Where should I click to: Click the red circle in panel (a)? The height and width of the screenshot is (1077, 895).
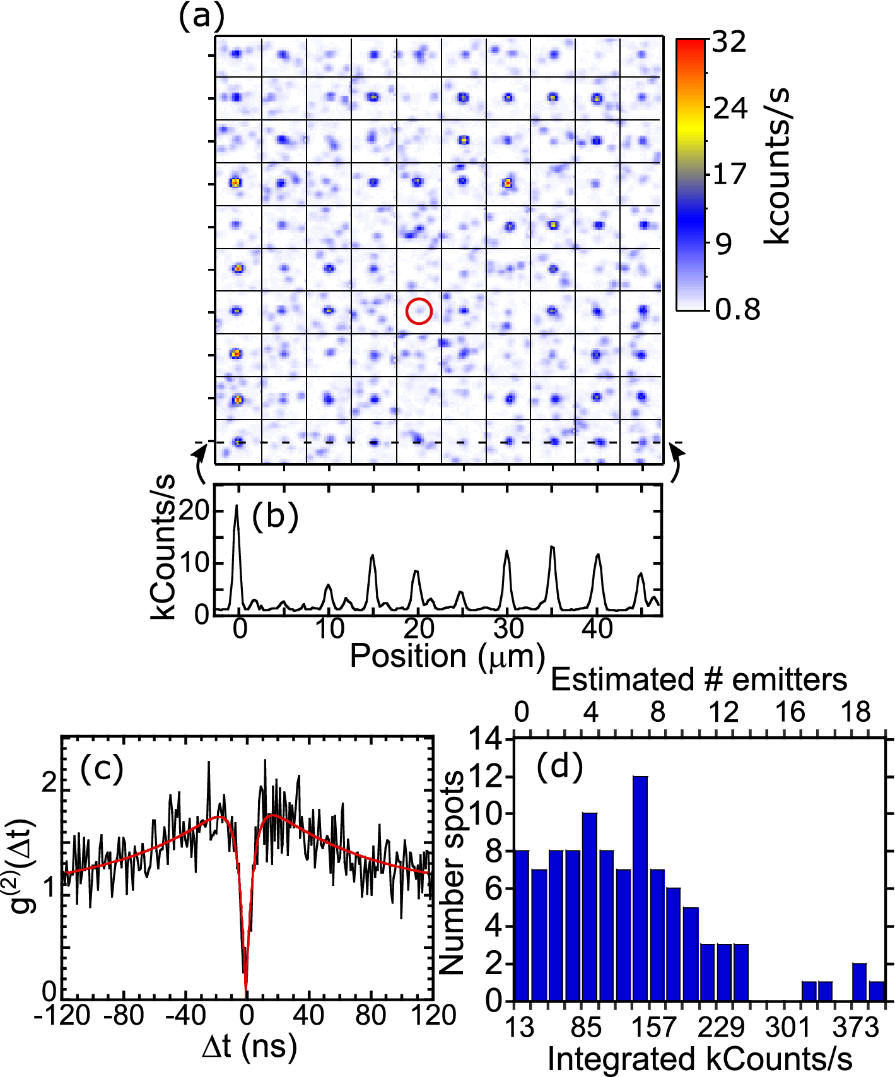click(x=419, y=312)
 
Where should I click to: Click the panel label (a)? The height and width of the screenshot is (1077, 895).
click(x=201, y=17)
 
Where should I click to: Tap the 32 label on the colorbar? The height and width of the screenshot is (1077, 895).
click(x=729, y=43)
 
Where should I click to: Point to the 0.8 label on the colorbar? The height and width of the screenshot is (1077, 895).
click(x=737, y=310)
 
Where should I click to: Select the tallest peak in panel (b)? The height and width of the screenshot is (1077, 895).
click(x=237, y=507)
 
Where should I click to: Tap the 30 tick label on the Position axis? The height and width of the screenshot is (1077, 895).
click(x=508, y=628)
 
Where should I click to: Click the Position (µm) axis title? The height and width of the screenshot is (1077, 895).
click(x=447, y=656)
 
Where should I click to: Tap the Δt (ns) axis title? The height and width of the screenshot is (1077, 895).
click(x=250, y=1046)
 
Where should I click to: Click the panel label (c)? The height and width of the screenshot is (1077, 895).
click(x=102, y=769)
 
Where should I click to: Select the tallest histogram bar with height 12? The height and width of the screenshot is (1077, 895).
click(x=640, y=890)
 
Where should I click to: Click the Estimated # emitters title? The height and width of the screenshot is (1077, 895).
click(x=699, y=680)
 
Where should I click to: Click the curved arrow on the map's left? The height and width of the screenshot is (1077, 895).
click(x=199, y=463)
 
